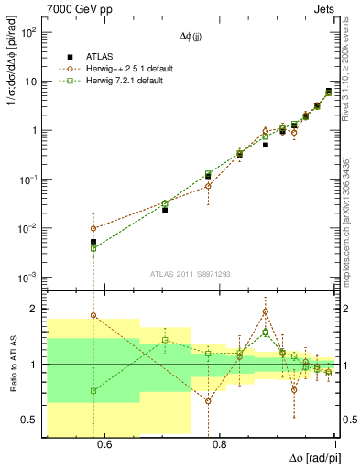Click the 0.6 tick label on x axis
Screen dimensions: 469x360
(104, 445)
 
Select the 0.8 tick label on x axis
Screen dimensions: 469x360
(219, 445)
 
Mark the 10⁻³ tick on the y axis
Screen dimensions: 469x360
(28, 277)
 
